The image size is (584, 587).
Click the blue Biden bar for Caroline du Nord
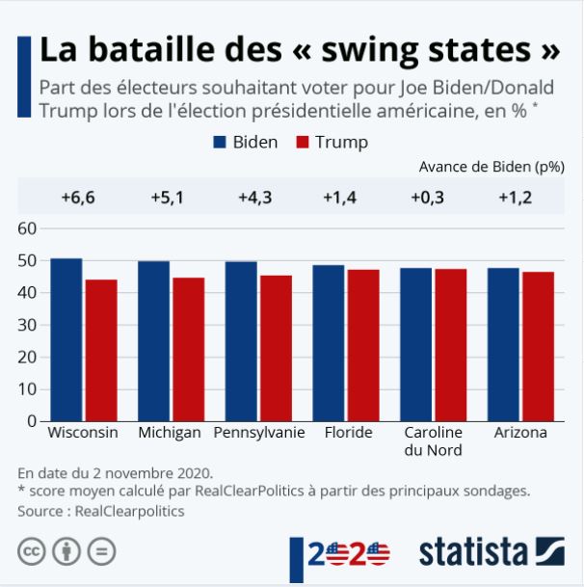click(x=415, y=344)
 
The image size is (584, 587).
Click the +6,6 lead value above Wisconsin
click(x=78, y=198)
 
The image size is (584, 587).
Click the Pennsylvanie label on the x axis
click(x=259, y=433)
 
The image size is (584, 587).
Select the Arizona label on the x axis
click(x=520, y=433)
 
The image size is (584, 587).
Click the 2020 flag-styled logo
click(x=347, y=553)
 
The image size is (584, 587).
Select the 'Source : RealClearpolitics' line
click(x=101, y=511)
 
